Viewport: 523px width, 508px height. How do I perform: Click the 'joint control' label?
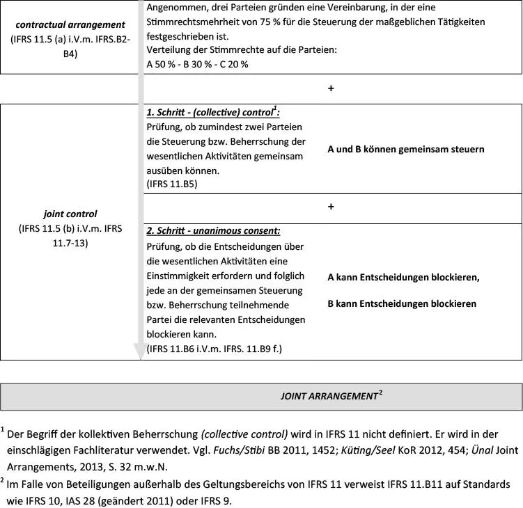coord(70,214)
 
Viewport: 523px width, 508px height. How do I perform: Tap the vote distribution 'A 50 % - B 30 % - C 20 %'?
coord(197,63)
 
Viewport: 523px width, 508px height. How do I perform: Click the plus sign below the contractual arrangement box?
coord(331,88)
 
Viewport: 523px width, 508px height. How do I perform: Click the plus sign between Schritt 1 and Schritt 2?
coord(331,207)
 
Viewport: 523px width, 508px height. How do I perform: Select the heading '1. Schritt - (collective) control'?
coord(212,112)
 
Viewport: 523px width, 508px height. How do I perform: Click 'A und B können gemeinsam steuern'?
coord(406,149)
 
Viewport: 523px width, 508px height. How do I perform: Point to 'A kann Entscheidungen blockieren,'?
coord(403,277)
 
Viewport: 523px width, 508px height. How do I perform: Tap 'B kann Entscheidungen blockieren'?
coord(402,303)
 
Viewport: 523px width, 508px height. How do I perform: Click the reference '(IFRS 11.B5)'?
coord(172,184)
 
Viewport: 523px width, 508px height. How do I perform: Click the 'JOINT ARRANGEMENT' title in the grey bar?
coord(328,396)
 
